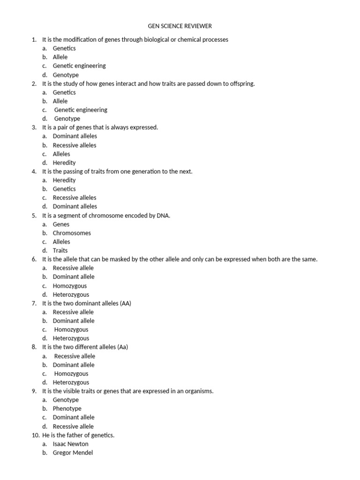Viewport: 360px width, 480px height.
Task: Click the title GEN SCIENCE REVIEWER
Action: point(180,26)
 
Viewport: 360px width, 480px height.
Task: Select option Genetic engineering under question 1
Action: point(79,66)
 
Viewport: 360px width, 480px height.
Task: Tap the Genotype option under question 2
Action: point(67,119)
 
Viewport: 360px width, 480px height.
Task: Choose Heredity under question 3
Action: point(64,163)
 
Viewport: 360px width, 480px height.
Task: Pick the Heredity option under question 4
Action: point(64,180)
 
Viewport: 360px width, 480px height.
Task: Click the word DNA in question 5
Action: point(163,216)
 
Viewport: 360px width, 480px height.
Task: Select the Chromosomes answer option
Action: point(72,233)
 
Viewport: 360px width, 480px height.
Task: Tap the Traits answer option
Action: point(60,250)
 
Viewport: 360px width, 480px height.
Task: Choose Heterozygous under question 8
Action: point(71,382)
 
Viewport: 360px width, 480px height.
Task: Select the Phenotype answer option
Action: point(67,409)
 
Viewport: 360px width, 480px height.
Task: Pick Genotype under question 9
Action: point(66,400)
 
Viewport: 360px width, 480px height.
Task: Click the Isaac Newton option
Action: point(70,444)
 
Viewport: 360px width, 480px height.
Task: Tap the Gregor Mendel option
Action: point(73,453)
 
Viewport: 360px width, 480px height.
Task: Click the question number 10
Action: point(36,435)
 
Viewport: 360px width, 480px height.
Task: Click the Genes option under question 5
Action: point(61,224)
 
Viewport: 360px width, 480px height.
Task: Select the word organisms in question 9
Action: point(199,391)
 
